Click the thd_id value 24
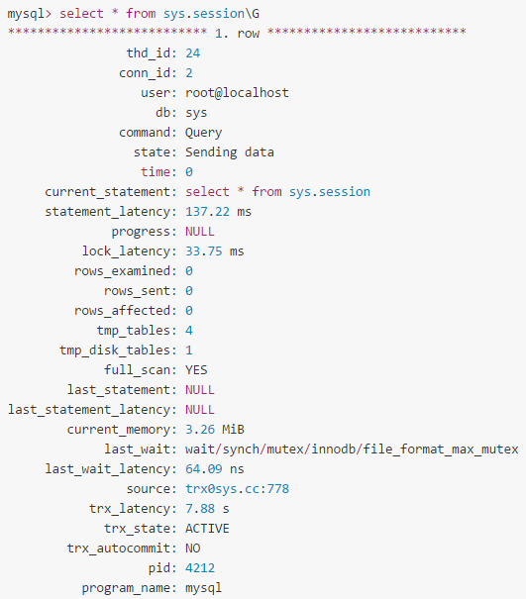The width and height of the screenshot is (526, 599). [192, 53]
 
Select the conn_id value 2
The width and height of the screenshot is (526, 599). [189, 73]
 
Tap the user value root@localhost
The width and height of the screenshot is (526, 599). [237, 93]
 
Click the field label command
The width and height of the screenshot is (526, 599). [145, 133]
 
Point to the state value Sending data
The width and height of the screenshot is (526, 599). [230, 152]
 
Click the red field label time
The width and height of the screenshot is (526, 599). [156, 172]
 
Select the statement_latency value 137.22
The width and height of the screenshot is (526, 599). [208, 212]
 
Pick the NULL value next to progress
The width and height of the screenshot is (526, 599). [200, 232]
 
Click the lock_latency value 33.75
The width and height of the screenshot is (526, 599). [204, 251]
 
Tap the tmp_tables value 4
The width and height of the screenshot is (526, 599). [189, 331]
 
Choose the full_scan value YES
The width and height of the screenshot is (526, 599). [196, 370]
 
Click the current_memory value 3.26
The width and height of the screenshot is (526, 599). [200, 430]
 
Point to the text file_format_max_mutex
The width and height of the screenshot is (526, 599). [441, 449]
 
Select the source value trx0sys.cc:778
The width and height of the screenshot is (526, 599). [238, 489]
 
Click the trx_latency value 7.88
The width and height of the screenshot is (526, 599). [200, 509]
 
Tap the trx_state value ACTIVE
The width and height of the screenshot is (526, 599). [208, 529]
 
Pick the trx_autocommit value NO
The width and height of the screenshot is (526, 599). [193, 549]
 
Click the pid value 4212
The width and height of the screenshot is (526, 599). [200, 568]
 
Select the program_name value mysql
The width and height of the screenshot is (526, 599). [204, 588]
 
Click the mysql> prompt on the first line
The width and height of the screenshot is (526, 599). [29, 14]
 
